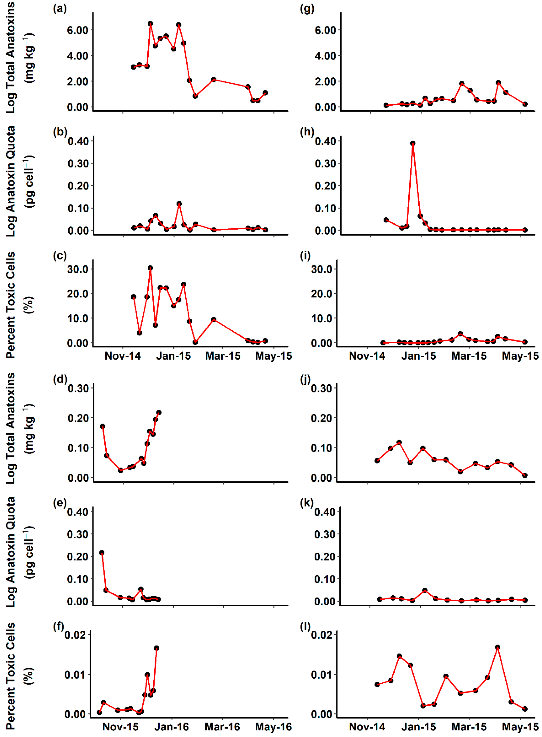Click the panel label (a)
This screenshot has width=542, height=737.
click(60, 9)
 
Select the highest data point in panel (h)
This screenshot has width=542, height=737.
click(413, 143)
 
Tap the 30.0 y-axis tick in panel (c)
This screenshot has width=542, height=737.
click(78, 269)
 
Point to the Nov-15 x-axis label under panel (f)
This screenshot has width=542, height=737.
click(120, 727)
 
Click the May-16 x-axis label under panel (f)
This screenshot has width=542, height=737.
click(273, 727)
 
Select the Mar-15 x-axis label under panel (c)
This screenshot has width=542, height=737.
click(223, 356)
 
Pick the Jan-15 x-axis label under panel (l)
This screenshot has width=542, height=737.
click(419, 727)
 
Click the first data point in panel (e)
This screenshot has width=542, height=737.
click(102, 553)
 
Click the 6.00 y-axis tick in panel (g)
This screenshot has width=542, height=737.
click(325, 30)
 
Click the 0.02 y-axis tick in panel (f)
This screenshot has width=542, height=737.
click(75, 635)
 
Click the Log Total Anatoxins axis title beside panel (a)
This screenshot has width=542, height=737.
click(11, 58)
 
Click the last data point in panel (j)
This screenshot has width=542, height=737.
click(525, 475)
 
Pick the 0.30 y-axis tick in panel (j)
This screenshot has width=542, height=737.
click(321, 388)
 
